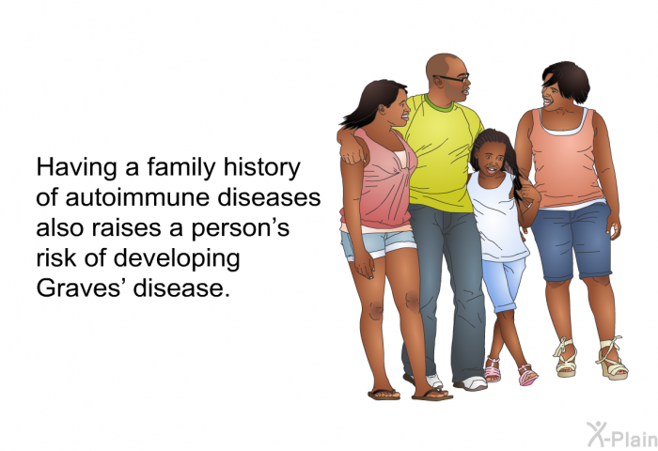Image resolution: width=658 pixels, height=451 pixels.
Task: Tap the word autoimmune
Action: tap(137, 197)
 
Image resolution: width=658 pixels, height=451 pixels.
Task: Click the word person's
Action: tap(241, 228)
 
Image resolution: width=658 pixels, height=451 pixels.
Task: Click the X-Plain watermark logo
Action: tap(621, 434)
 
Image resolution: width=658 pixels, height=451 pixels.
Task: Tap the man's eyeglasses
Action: tap(453, 78)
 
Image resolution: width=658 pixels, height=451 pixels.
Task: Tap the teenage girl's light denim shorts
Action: tap(377, 244)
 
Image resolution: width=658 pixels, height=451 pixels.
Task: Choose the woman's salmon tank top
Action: tap(566, 159)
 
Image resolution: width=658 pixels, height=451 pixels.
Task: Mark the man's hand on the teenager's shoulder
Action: tap(352, 154)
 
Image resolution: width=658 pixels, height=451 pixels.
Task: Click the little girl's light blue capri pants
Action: tap(505, 283)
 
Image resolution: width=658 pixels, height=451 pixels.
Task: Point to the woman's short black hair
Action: tap(567, 80)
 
